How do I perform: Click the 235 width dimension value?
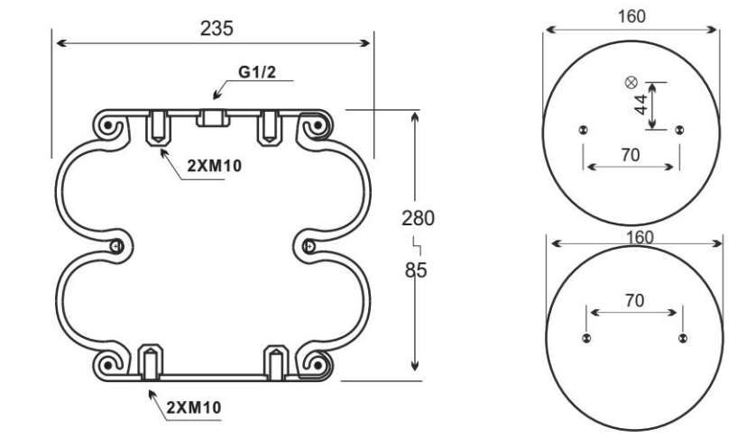coord(216,29)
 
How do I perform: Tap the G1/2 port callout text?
coord(257,72)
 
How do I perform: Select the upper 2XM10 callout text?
coord(214,166)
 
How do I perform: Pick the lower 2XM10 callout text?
coord(194,407)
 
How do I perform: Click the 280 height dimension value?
coord(419,218)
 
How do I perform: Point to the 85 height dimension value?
coord(416,270)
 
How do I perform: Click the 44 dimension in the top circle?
coord(640,105)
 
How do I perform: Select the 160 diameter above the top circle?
coord(631,16)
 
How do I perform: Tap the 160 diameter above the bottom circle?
coord(640,237)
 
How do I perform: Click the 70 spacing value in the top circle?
coord(631,155)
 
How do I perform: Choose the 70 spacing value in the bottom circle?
coord(635,300)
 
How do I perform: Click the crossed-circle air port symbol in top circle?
coord(631,83)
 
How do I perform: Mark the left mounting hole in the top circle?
coord(583,130)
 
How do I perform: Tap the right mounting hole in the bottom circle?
coord(683,339)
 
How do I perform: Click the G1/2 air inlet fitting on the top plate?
coord(213,118)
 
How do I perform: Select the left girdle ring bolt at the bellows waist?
coord(116,246)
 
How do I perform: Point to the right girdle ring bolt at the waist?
coord(309,246)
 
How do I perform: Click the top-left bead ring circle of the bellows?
coord(108,126)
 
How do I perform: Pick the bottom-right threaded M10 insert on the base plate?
coord(276,363)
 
